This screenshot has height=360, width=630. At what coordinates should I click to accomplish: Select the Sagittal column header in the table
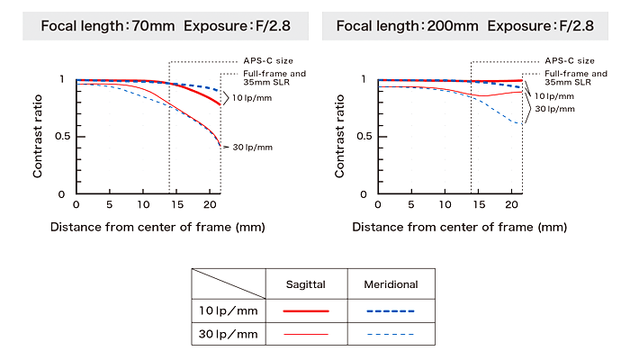coord(305,284)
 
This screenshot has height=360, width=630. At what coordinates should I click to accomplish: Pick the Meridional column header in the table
coord(391,284)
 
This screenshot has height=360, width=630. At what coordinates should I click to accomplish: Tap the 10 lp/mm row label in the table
coord(228,310)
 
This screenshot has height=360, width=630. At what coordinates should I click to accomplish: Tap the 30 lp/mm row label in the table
coord(228,334)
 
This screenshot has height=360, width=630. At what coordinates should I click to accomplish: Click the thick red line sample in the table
coord(305,310)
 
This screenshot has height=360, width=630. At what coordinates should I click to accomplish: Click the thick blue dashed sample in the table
coord(391,310)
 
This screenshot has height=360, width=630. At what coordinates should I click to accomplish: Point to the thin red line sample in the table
coord(305,334)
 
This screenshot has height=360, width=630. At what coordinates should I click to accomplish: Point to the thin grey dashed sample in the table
coord(391,334)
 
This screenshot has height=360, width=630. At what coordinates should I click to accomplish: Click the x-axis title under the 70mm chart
coord(157,227)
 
